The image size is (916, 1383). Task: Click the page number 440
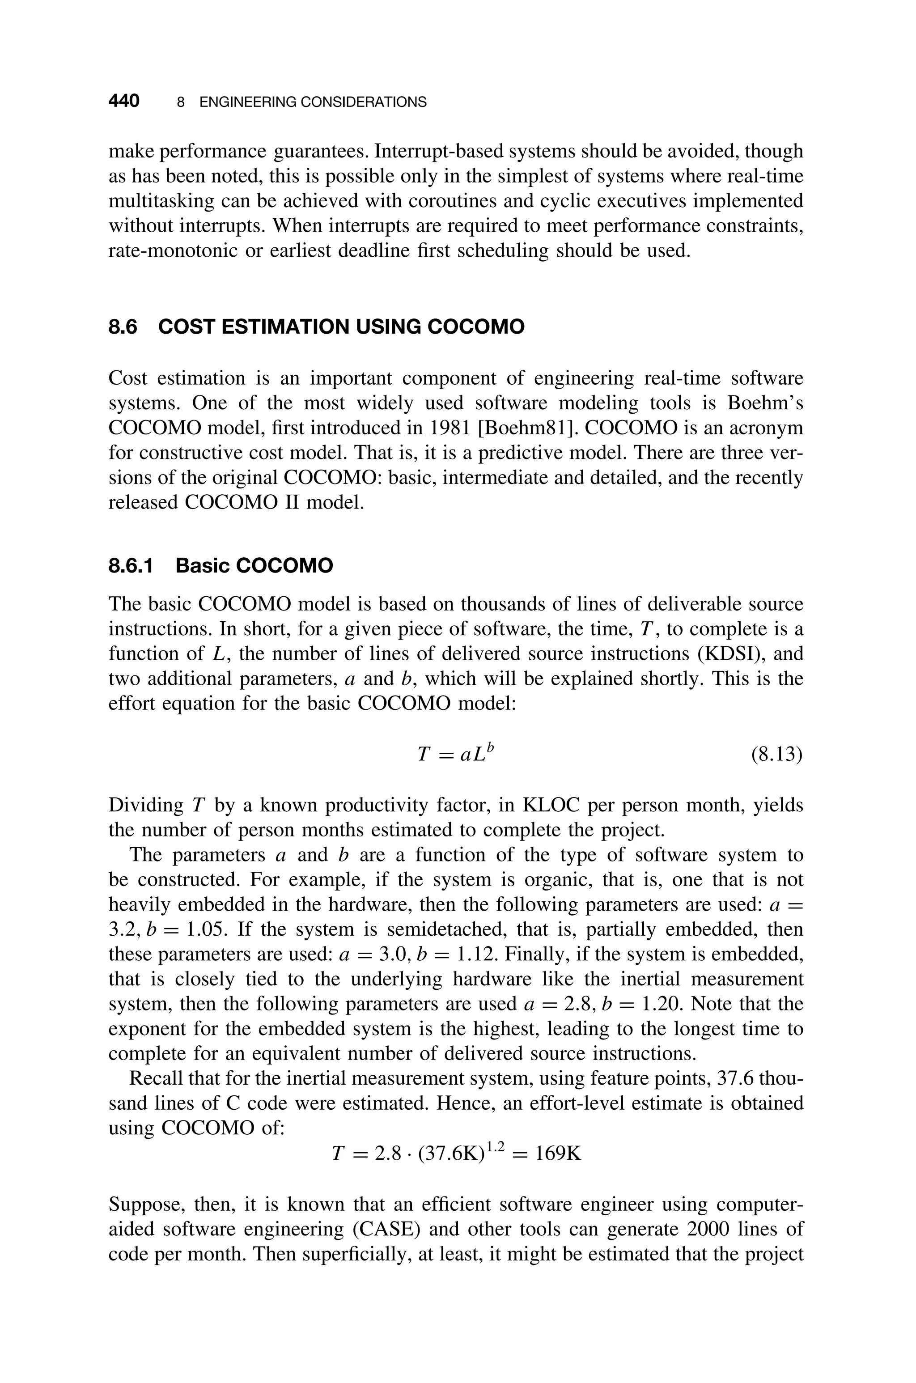[124, 101]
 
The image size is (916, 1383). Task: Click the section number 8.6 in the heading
[123, 327]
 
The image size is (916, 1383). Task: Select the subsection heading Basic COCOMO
[254, 566]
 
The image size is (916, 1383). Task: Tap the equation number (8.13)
[776, 755]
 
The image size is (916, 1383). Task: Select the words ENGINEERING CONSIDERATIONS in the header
[313, 102]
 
